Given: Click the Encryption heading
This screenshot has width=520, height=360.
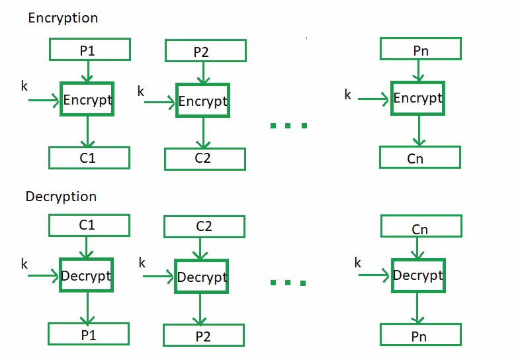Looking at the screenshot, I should (62, 19).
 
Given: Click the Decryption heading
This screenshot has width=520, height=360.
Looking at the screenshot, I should (61, 197).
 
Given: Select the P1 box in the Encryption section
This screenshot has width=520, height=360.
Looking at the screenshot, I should (89, 49).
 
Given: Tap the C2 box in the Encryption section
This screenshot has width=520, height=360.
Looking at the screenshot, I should (204, 159).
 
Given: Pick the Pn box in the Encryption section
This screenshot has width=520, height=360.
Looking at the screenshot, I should (420, 50).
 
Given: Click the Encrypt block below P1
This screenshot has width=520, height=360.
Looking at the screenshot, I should (87, 100).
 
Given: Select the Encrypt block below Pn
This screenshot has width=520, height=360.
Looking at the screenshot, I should (417, 98).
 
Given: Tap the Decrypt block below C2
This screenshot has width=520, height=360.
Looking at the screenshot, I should (202, 277).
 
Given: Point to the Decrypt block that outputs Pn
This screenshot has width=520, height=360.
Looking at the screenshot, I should (418, 275).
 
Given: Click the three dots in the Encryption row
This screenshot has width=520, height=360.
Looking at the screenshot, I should (288, 124).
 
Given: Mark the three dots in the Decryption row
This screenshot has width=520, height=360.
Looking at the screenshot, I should (288, 283).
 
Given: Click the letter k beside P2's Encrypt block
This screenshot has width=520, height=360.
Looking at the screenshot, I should (141, 92).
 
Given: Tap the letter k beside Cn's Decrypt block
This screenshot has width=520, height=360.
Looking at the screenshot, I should (358, 263).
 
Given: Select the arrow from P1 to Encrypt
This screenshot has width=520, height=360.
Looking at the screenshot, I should (87, 71).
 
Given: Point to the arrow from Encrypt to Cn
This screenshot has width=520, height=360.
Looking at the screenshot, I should (417, 131).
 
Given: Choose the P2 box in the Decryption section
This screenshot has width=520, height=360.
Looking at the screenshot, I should (204, 336).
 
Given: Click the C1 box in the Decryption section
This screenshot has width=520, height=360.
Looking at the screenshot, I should (87, 225).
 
